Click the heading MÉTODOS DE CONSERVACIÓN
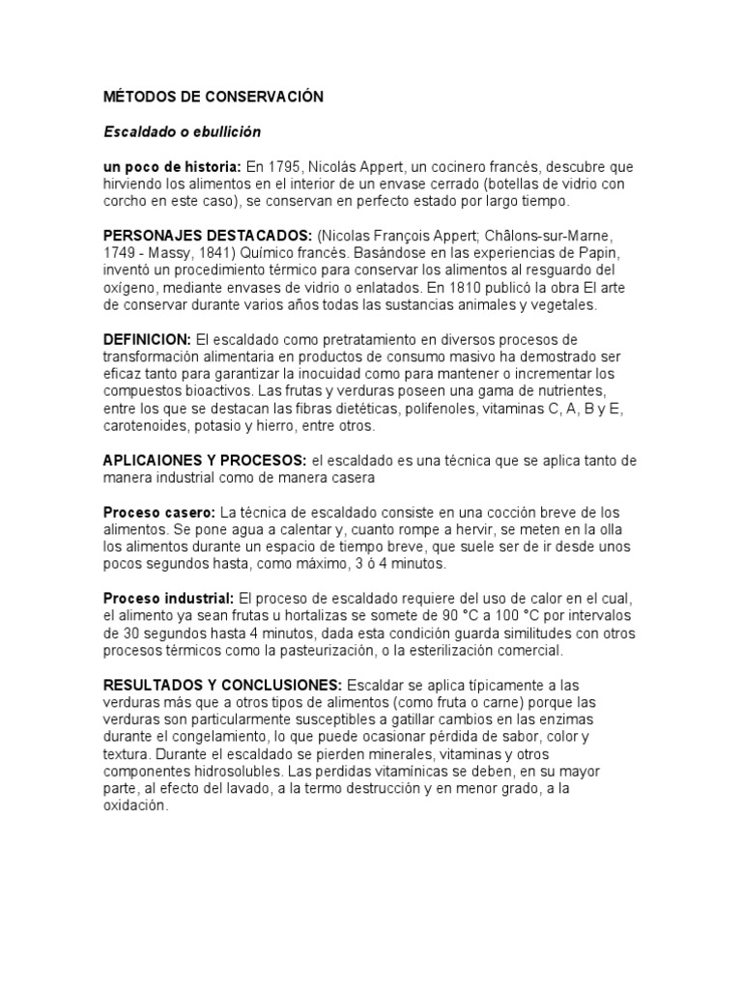point(214,98)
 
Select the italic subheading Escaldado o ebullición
point(183,131)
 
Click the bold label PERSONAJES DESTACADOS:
point(207,236)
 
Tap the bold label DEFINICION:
point(147,340)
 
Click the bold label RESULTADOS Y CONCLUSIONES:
point(222,685)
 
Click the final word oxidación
point(135,806)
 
